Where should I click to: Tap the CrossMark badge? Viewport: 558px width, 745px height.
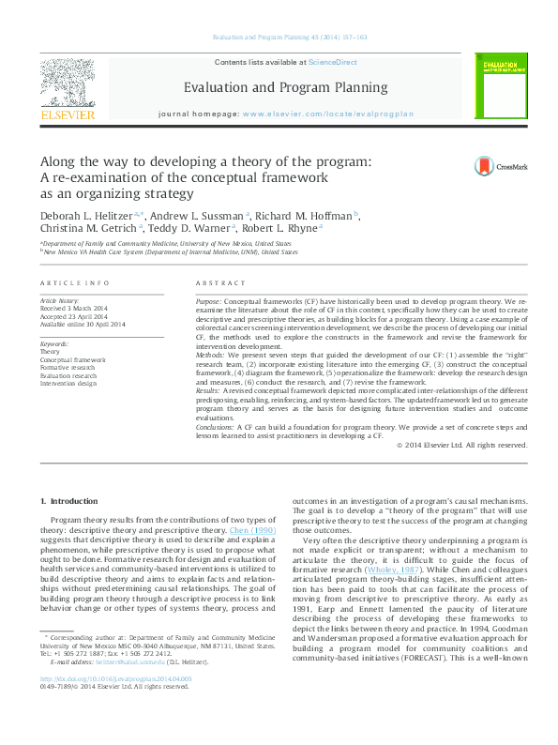(494, 166)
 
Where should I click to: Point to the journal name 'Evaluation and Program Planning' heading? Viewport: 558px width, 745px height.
(279, 87)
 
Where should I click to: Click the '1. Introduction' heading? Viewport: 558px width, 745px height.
(68, 503)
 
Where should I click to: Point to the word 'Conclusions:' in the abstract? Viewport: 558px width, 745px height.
(216, 426)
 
